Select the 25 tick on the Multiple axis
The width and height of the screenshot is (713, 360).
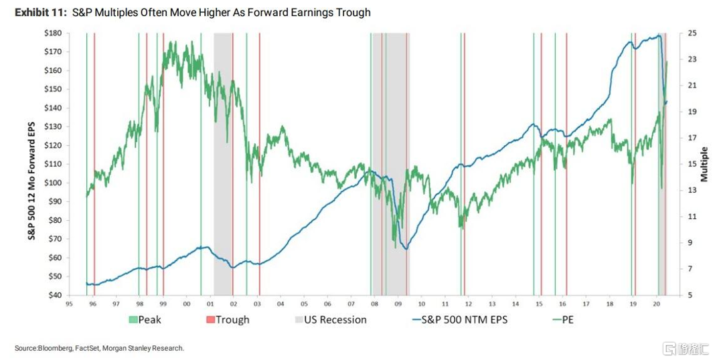[x=692, y=33]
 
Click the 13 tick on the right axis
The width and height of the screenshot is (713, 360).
[x=692, y=190]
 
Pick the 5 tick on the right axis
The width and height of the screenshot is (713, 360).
[x=690, y=295]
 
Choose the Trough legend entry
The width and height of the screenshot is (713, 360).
[x=232, y=320]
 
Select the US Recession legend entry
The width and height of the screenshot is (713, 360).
[x=335, y=320]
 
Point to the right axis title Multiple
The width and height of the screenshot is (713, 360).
[x=704, y=164]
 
